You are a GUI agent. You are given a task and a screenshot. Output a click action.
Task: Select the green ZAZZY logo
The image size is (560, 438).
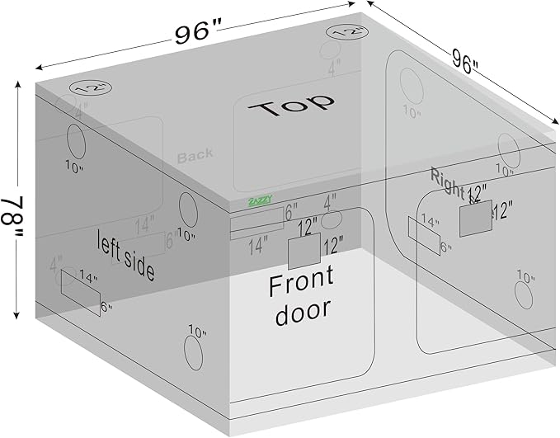(259, 200)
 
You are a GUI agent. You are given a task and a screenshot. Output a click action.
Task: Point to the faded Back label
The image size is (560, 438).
(195, 153)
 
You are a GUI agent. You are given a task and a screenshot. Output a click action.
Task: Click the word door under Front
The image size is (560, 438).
(303, 309)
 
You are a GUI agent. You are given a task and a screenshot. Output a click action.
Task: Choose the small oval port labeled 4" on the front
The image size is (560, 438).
(332, 219)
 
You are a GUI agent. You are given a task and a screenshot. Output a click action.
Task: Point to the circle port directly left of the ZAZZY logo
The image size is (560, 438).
(187, 209)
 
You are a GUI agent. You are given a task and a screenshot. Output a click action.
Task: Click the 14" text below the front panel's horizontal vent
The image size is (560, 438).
(258, 245)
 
